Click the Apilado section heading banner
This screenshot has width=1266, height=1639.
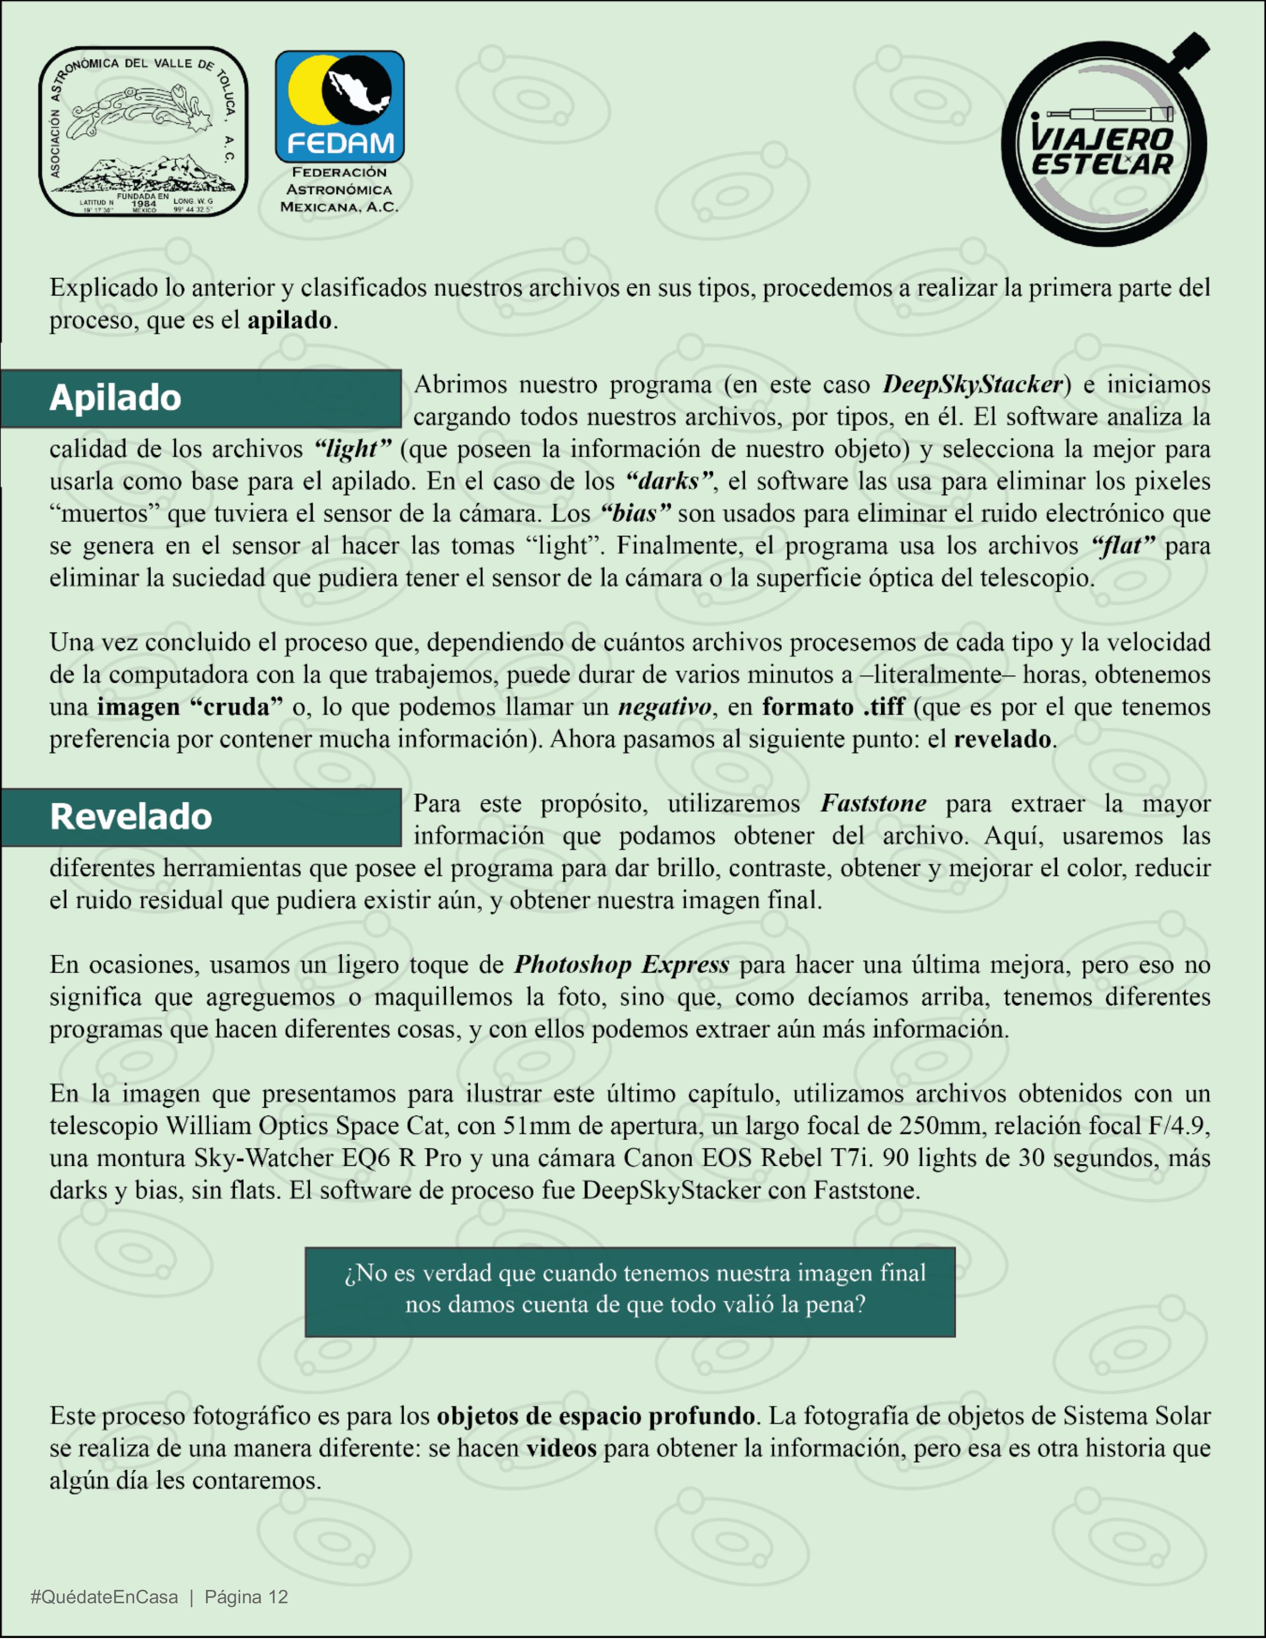pyautogui.click(x=201, y=398)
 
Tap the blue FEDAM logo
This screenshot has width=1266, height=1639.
pyautogui.click(x=339, y=107)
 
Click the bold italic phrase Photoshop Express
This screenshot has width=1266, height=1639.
pyautogui.click(x=622, y=964)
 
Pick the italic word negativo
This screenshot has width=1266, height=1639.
pyautogui.click(x=664, y=707)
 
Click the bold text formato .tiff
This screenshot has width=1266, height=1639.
pyautogui.click(x=833, y=707)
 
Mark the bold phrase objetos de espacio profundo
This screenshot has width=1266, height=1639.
pyautogui.click(x=596, y=1416)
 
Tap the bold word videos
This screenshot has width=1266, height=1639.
pyautogui.click(x=562, y=1448)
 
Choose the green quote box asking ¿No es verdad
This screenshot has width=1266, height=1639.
pyautogui.click(x=630, y=1291)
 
